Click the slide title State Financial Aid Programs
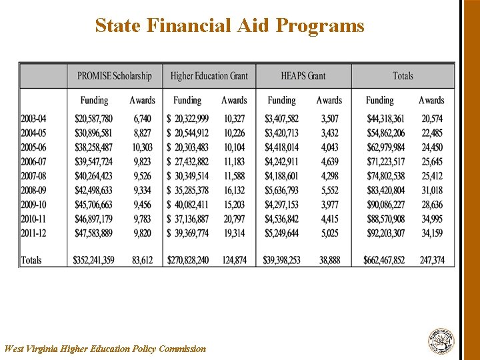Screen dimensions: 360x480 pos(229,26)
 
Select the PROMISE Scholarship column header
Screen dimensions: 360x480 pos(114,76)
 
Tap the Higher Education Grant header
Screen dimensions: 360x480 pos(209,76)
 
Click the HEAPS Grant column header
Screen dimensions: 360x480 pos(303,76)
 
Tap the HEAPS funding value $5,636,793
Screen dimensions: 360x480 pos(281,190)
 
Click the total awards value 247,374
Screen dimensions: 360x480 pos(432,260)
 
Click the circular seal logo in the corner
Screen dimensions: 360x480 pos(441,341)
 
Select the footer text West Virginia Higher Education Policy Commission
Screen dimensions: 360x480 pos(105,349)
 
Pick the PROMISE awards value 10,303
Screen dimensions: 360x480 pos(142,147)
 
